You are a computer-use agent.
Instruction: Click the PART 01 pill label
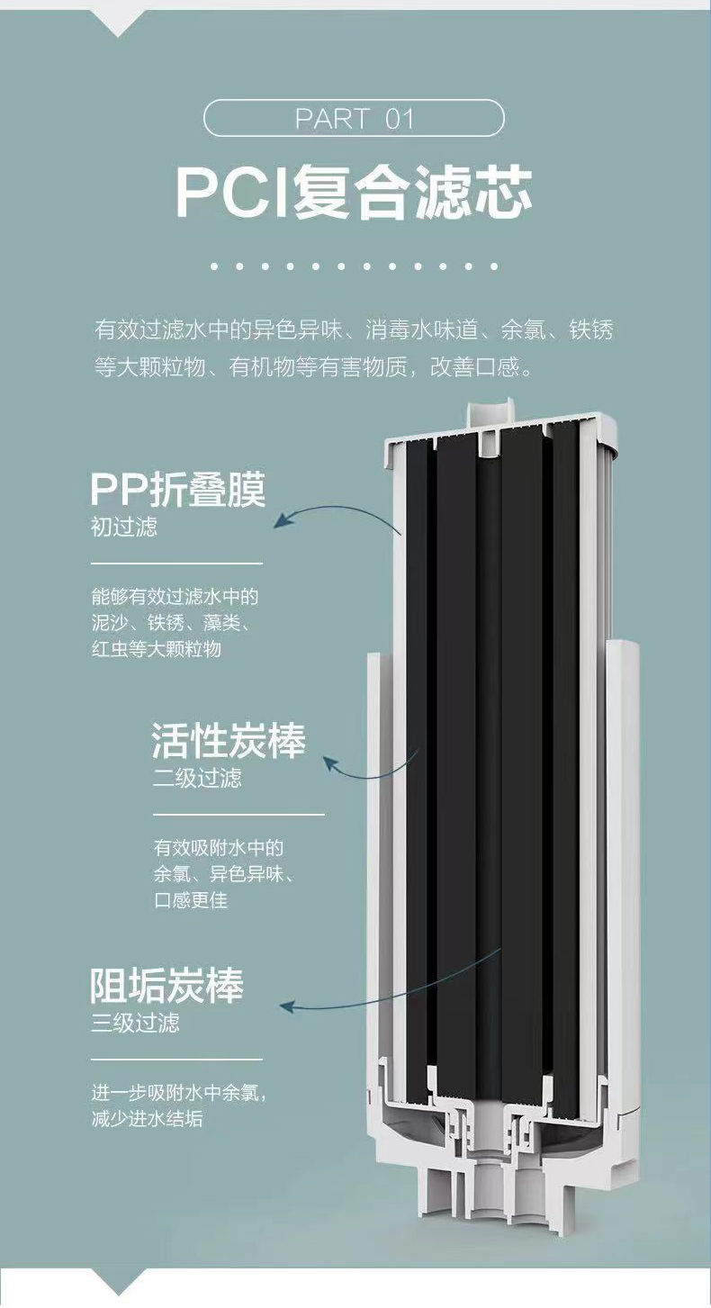(x=354, y=118)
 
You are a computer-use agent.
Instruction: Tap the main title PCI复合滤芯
(x=354, y=192)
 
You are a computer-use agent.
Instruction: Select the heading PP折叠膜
(x=178, y=491)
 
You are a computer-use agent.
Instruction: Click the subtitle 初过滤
(x=123, y=528)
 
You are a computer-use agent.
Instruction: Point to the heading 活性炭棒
(x=229, y=741)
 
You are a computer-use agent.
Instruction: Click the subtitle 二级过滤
(x=197, y=778)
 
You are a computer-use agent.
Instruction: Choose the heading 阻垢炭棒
(x=167, y=987)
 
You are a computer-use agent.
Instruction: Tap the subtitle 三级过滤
(x=135, y=1024)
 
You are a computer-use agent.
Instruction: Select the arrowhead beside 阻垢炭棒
(x=286, y=1006)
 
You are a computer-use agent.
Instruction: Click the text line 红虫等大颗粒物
(x=156, y=648)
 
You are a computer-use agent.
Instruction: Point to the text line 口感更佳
(x=190, y=900)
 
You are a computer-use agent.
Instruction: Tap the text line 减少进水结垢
(x=147, y=1119)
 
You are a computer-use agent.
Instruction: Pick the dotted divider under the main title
(x=354, y=266)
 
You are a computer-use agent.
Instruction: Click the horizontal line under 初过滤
(x=176, y=564)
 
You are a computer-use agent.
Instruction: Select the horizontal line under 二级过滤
(x=238, y=815)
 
